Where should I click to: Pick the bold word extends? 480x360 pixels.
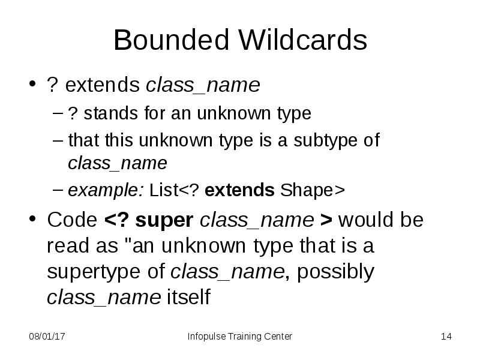239,191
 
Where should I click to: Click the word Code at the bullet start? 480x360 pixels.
71,220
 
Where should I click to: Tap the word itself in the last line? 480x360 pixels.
188,298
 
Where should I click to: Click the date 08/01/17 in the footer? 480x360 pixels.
47,337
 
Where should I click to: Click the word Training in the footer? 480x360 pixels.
244,337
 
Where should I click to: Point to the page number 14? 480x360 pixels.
446,337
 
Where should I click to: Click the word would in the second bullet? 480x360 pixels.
366,220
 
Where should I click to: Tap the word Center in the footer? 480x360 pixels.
278,337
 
